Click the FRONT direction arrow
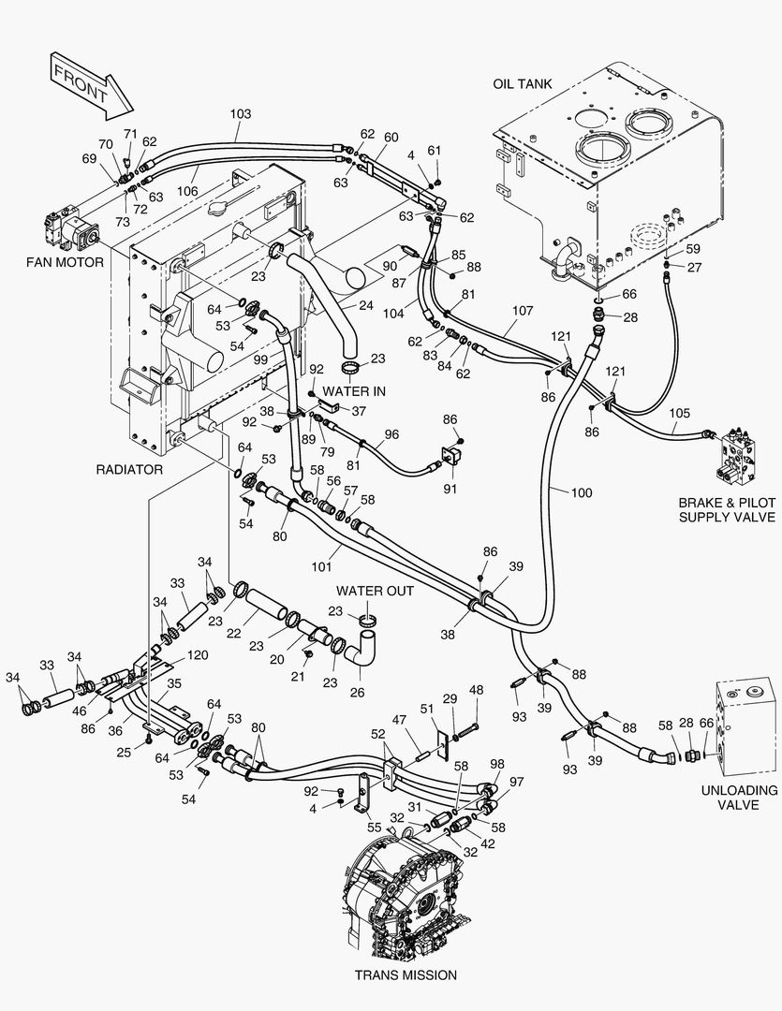point(90,85)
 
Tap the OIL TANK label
point(522,84)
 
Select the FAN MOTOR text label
point(65,262)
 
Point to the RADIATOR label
point(129,469)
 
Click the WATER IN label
point(354,391)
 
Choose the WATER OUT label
point(375,591)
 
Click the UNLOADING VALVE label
point(740,798)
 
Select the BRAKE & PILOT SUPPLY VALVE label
point(727,509)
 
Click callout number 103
point(240,114)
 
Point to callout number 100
point(582,492)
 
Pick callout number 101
point(321,566)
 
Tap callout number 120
point(198,655)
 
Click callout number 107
point(523,311)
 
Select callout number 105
point(679,413)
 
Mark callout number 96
point(391,434)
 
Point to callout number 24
point(366,305)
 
